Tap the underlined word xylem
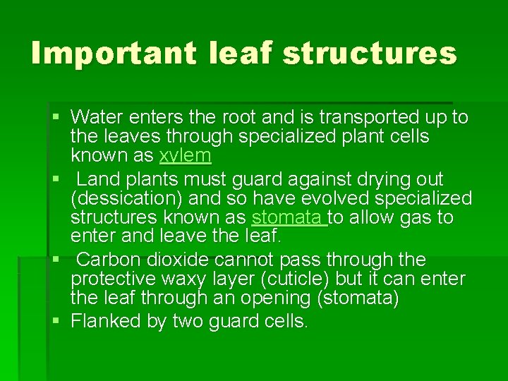[186, 155]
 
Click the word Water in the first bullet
[97, 116]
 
